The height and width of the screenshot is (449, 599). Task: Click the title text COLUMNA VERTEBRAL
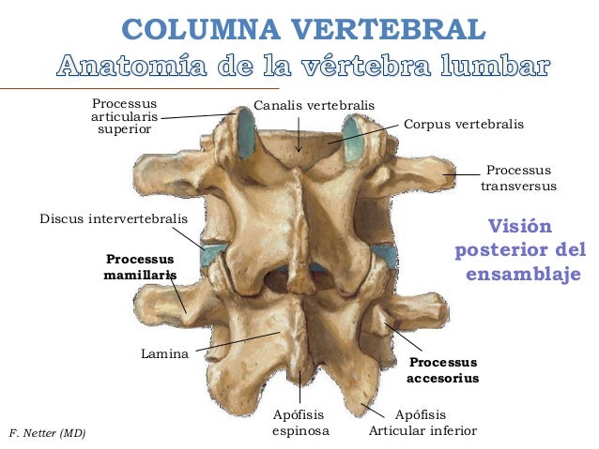303,29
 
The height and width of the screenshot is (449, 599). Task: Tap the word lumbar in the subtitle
495,66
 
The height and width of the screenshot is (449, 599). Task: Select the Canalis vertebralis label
314,105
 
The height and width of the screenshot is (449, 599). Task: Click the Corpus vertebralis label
464,124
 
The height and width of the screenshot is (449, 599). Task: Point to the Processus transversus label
518,178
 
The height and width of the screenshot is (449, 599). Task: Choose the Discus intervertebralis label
114,219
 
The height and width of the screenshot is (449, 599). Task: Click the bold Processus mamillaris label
140,266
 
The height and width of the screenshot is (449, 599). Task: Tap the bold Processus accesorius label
443,369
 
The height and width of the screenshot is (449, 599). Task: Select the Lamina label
164,353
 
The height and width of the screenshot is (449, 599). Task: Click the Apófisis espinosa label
300,423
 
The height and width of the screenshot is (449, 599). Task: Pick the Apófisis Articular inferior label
422,423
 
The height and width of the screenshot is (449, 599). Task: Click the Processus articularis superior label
125,116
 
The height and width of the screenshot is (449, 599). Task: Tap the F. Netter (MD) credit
47,433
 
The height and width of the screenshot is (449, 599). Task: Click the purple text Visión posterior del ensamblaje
520,250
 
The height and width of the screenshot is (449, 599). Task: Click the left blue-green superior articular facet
246,133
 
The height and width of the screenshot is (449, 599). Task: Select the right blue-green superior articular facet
352,140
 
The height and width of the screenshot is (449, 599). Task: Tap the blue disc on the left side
212,256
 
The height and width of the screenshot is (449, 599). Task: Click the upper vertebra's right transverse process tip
450,173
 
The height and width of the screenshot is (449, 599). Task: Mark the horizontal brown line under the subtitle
140,88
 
